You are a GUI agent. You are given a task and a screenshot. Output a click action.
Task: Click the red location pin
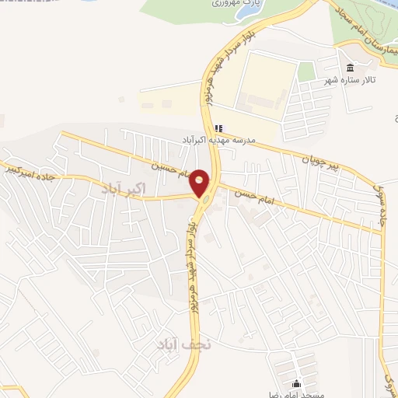(200, 183)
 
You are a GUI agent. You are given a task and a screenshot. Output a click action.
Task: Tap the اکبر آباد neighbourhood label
(123, 188)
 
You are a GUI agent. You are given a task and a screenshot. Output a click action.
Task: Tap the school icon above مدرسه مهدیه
(218, 129)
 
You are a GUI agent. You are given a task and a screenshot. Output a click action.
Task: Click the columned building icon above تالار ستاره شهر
(349, 67)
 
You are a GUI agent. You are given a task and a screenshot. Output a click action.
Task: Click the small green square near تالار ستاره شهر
(307, 72)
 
